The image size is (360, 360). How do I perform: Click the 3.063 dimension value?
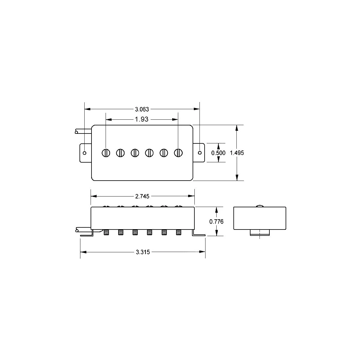142,109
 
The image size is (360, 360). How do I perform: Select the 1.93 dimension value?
142,119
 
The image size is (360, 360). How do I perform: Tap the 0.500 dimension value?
218,153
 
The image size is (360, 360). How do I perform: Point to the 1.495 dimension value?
237,153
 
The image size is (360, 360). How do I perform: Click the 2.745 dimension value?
142,196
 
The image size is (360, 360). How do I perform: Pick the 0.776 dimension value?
216,222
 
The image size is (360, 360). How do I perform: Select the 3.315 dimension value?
143,252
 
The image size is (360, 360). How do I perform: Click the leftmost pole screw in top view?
106,153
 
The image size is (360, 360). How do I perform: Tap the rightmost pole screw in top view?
178,153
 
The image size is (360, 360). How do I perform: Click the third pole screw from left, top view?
135,153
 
